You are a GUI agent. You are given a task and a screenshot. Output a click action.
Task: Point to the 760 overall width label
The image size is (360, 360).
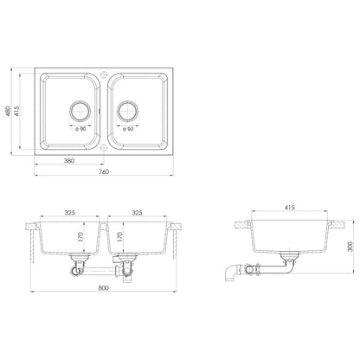click(103, 172)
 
